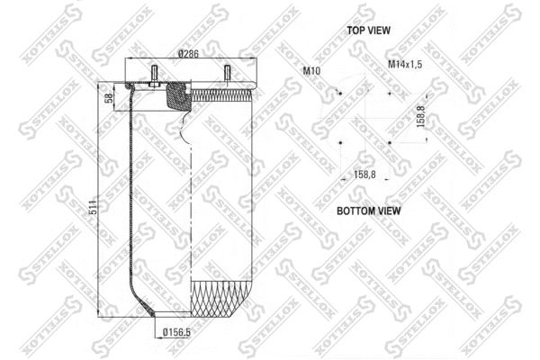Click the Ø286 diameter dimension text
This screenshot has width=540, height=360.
pyautogui.click(x=188, y=54)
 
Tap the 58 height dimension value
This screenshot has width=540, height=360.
pyautogui.click(x=110, y=98)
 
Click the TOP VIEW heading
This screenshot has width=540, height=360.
pyautogui.click(x=368, y=31)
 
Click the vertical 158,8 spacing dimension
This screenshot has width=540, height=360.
pyautogui.click(x=421, y=118)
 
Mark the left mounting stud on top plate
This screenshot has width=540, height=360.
pyautogui.click(x=156, y=75)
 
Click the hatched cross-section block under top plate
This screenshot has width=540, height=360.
pyautogui.click(x=177, y=98)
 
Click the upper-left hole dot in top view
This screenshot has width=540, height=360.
pyautogui.click(x=340, y=92)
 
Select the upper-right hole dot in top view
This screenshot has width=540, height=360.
pyautogui.click(x=389, y=92)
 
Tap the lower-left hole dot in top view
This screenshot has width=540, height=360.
pyautogui.click(x=340, y=141)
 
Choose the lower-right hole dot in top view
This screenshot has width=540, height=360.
pyautogui.click(x=389, y=141)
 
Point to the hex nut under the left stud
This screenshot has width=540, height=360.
pyautogui.click(x=156, y=86)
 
